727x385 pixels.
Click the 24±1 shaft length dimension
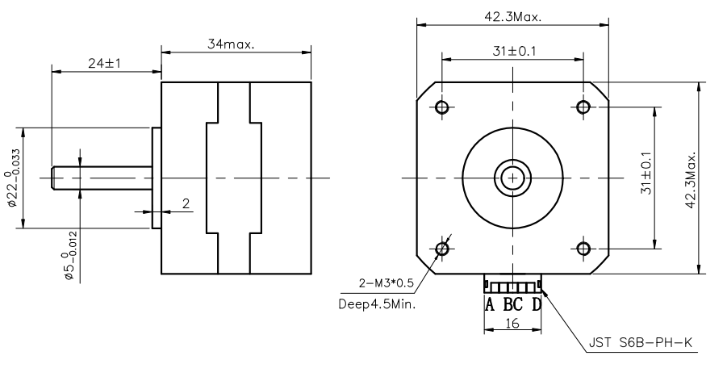[104, 64]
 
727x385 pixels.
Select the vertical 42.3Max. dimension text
[690, 178]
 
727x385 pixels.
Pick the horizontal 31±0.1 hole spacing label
[514, 52]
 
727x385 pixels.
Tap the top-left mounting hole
[442, 107]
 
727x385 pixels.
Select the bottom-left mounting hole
[442, 248]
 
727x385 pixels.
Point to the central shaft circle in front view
[512, 178]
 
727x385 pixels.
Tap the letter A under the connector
[489, 305]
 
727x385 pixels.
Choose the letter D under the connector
[537, 305]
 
